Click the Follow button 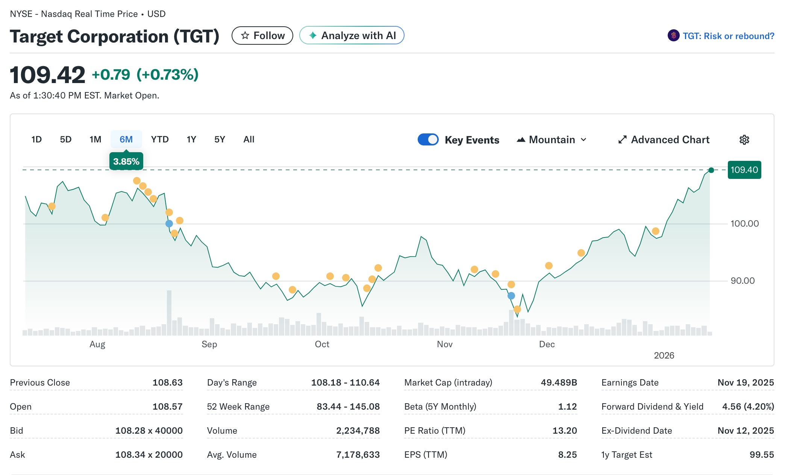point(262,36)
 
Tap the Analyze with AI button point(352,36)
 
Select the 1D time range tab point(36,139)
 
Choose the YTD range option point(160,139)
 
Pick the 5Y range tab point(220,139)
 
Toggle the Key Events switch point(428,139)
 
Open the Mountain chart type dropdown point(552,140)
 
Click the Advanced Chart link point(664,140)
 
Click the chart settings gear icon point(744,140)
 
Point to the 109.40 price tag point(744,170)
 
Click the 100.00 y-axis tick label point(744,224)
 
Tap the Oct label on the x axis point(322,344)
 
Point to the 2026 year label point(664,355)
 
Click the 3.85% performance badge point(126,162)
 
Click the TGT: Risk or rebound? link point(728,36)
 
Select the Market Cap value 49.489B point(559,383)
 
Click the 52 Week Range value point(348,407)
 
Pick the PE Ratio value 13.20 point(564,431)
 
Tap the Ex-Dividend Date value point(746,431)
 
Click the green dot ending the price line point(711,170)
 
